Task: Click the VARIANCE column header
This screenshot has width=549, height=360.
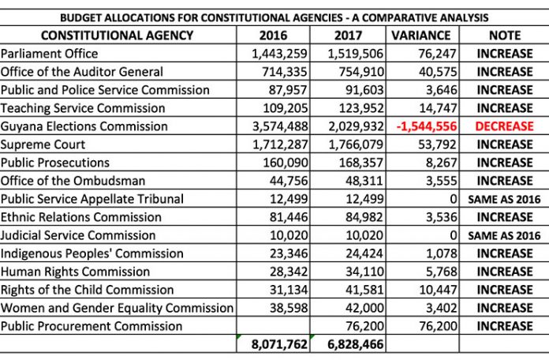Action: click(x=421, y=36)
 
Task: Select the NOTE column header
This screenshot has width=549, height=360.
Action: click(x=505, y=36)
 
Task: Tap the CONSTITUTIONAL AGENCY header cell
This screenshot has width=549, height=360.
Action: click(x=117, y=36)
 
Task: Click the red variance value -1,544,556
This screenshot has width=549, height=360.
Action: click(x=427, y=126)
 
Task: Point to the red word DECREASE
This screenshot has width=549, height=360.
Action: click(x=504, y=126)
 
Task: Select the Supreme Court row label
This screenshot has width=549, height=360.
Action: click(x=43, y=144)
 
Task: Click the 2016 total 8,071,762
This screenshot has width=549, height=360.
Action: click(x=279, y=344)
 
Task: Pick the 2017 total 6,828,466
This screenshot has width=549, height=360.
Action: click(x=356, y=344)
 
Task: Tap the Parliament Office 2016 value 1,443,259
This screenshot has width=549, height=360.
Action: click(x=279, y=54)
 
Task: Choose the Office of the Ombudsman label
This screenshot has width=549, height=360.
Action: click(x=73, y=181)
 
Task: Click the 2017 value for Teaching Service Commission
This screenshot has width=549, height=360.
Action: click(x=361, y=108)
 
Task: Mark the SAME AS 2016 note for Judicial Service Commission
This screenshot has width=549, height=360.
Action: click(x=504, y=235)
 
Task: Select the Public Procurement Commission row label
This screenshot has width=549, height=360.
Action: click(x=91, y=326)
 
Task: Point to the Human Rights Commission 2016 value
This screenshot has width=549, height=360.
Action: click(x=289, y=272)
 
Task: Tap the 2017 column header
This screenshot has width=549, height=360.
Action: click(x=348, y=36)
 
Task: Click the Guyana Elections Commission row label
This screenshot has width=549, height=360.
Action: click(x=84, y=126)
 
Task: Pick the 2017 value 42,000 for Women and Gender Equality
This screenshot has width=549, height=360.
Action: click(x=364, y=308)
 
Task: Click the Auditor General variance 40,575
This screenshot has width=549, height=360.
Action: click(x=438, y=72)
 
